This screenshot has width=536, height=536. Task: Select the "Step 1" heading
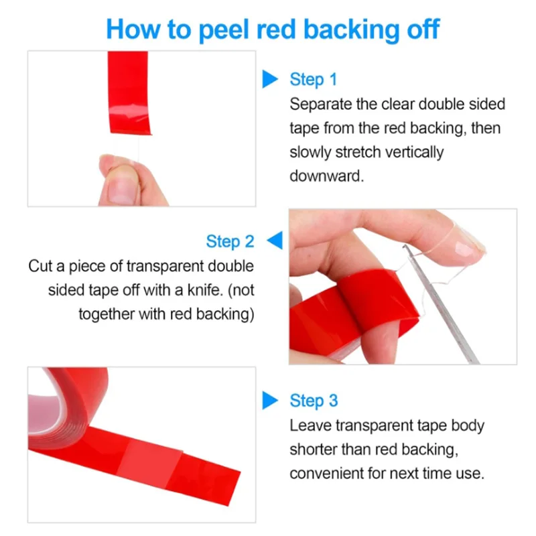coord(313,80)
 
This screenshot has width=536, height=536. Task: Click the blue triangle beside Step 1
coord(269,80)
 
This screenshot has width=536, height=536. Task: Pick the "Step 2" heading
coord(230,241)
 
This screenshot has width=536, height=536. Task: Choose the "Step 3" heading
coord(314,401)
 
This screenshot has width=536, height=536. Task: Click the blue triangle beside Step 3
coord(269,401)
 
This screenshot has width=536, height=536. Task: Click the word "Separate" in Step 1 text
coord(319,104)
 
